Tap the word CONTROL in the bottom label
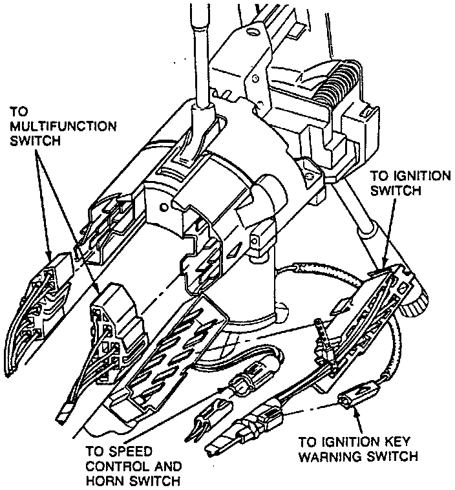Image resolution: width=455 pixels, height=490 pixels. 114,466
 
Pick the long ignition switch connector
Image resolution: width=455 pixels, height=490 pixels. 381,298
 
